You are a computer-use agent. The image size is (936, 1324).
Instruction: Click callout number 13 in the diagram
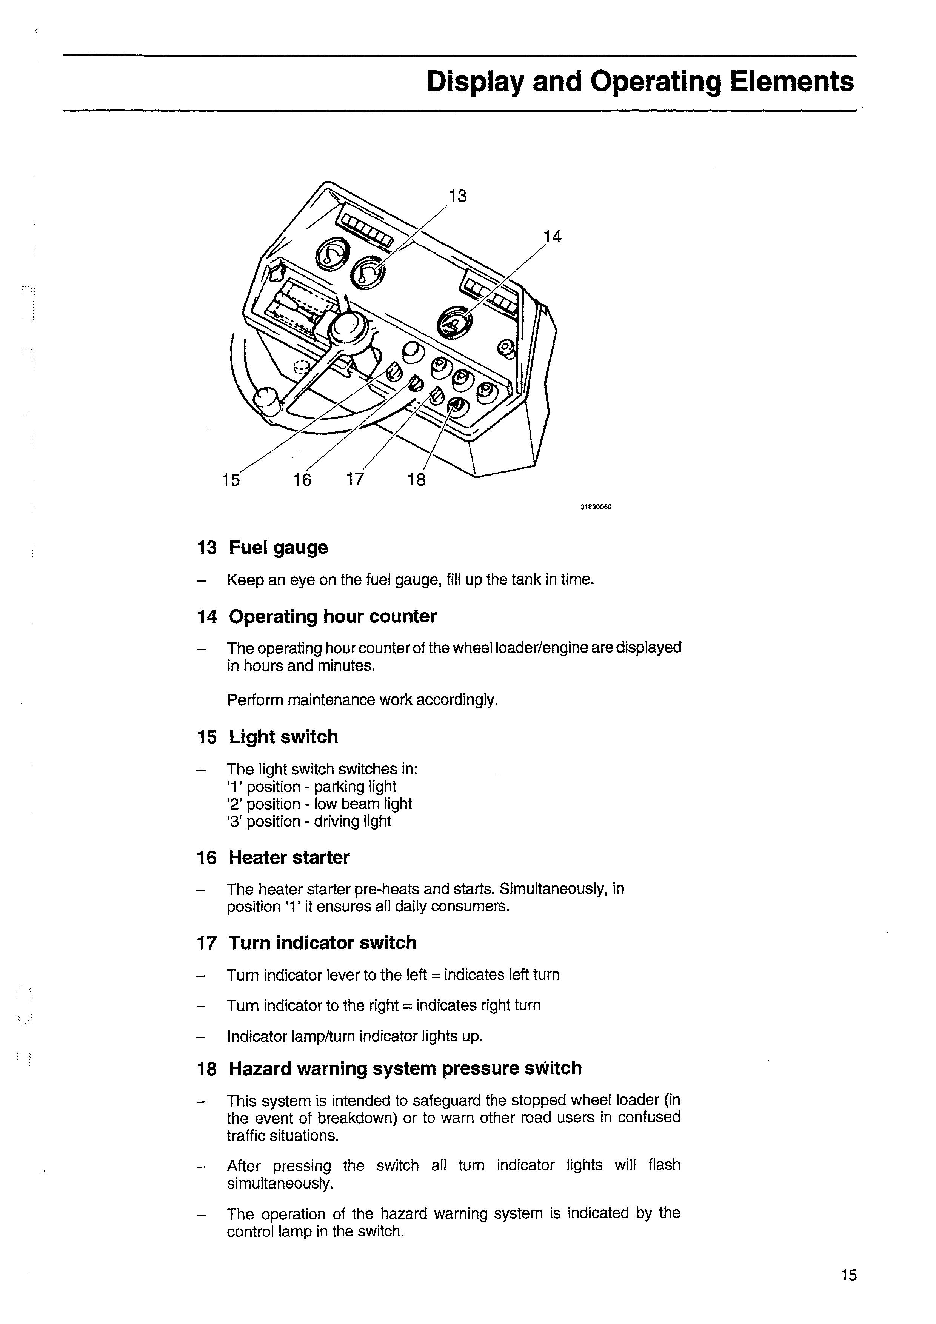457,197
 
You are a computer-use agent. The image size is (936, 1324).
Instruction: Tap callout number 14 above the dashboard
553,236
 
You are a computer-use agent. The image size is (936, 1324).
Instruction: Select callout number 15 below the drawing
231,480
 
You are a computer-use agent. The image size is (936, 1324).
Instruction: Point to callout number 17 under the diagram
355,479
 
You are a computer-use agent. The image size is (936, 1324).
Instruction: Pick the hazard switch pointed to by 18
455,407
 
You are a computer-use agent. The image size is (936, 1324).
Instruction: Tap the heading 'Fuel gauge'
278,547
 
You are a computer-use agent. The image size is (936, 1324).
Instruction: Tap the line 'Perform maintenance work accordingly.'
362,700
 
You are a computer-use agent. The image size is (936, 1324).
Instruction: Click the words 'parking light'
355,787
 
